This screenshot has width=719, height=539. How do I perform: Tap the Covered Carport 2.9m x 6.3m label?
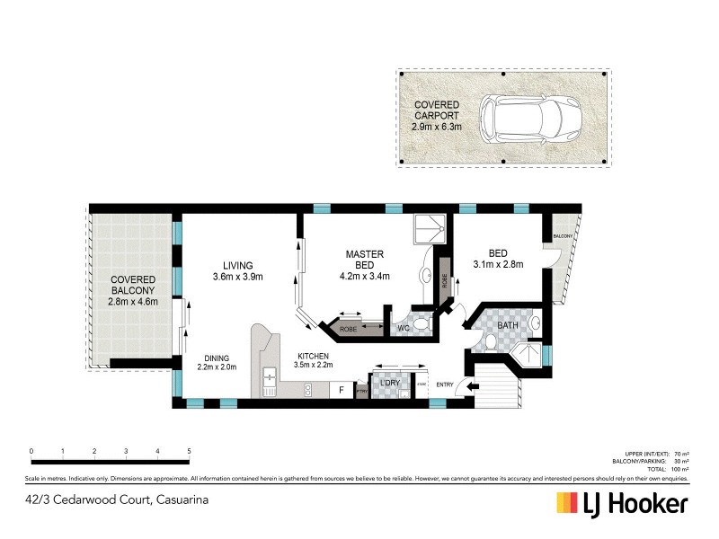click(x=438, y=117)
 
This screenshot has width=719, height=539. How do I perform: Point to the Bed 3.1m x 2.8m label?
click(x=497, y=259)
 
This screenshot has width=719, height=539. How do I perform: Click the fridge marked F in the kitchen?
click(x=341, y=391)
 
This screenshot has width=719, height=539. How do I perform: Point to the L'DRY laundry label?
click(x=389, y=384)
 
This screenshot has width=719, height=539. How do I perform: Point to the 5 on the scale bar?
click(x=189, y=450)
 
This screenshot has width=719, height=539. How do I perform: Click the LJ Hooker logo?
click(x=623, y=502)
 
